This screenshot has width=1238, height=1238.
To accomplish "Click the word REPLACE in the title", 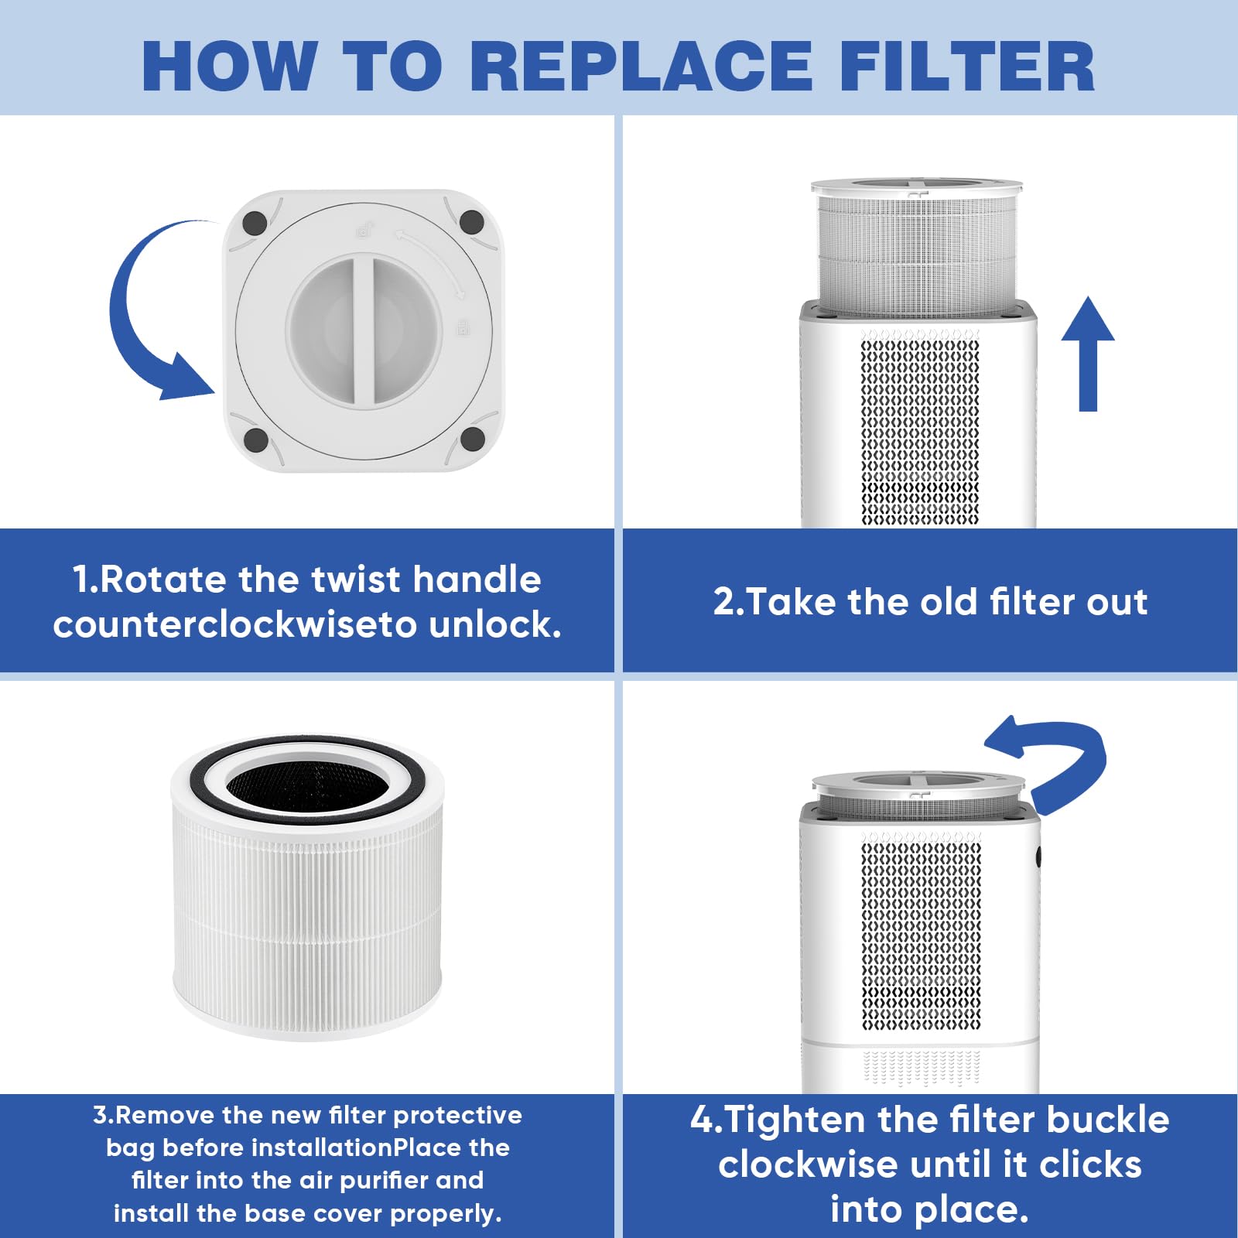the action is tap(641, 66).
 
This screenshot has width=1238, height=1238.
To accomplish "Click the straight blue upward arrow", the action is tap(1088, 354).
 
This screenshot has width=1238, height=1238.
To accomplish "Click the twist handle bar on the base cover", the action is tap(364, 330).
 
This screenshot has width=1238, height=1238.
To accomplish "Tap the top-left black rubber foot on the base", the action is tap(255, 223).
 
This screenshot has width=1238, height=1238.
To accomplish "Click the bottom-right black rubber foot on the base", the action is tap(472, 439).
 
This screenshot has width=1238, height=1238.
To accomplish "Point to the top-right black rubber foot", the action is tap(472, 222).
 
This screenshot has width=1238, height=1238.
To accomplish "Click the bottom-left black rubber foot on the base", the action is tap(256, 439).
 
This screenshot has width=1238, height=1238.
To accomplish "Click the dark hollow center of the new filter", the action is tap(307, 785).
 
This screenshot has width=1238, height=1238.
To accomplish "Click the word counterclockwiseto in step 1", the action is tap(235, 624).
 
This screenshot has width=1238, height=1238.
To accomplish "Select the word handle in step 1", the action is tap(477, 580).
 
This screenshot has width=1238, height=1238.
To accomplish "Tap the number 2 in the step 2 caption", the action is tap(724, 602).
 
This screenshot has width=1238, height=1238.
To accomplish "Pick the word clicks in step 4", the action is tap(1090, 1164).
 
